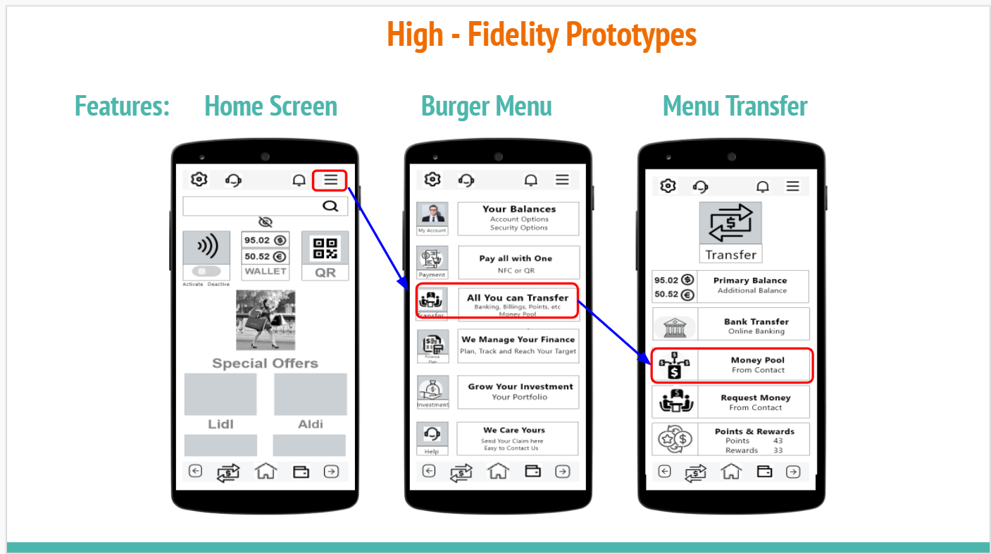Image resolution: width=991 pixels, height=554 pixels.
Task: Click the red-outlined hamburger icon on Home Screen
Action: click(330, 180)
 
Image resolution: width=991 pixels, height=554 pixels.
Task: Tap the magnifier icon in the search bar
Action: click(330, 206)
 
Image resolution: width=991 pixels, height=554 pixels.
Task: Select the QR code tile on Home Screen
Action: click(325, 255)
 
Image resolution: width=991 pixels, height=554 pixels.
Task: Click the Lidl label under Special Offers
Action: click(220, 424)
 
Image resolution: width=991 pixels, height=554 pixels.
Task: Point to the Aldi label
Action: click(311, 424)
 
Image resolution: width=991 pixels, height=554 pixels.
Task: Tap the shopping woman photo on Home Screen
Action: click(266, 320)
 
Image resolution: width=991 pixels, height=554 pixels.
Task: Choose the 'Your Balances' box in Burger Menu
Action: click(518, 218)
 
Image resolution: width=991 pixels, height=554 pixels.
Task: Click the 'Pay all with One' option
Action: click(518, 262)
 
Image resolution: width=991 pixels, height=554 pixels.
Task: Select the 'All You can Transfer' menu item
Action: click(518, 301)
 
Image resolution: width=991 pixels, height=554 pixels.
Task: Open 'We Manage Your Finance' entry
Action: click(518, 345)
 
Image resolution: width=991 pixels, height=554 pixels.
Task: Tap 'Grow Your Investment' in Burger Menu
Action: click(518, 392)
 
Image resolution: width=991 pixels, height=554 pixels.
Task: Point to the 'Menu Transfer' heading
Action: click(735, 106)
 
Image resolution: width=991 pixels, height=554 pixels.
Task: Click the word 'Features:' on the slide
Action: click(123, 106)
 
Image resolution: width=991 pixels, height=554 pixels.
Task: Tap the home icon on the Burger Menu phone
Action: click(498, 471)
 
